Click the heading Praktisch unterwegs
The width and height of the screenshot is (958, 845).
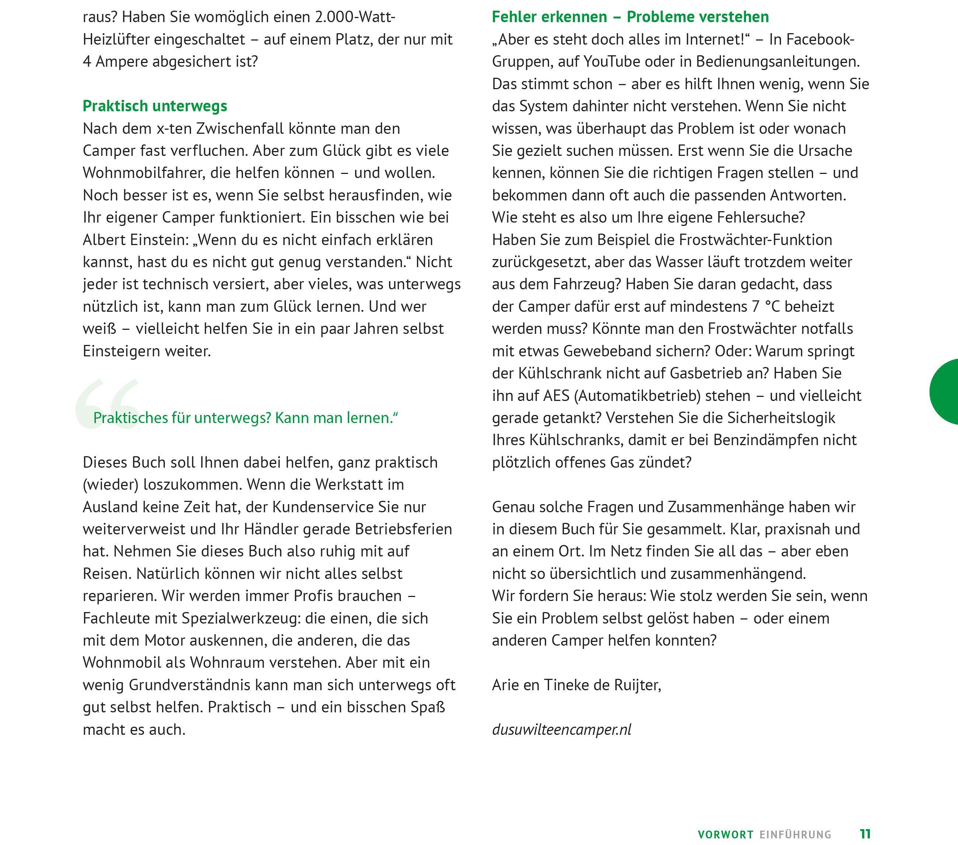point(155,106)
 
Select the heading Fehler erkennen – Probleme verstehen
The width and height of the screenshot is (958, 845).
point(630,17)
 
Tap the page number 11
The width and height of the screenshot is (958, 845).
point(865,834)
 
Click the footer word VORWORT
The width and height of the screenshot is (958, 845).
point(725,834)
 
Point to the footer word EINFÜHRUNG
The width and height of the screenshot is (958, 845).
point(795,834)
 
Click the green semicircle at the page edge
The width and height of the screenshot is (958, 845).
point(945,392)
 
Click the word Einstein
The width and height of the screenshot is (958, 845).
point(159,240)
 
